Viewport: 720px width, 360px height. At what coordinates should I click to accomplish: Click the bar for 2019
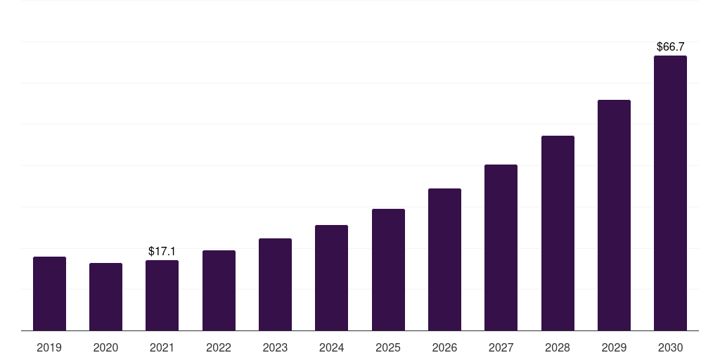click(x=49, y=294)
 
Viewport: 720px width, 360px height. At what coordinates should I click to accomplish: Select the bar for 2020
click(x=105, y=297)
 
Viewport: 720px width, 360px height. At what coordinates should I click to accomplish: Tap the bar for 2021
click(x=162, y=295)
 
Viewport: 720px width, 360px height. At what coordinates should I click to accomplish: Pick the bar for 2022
click(x=219, y=290)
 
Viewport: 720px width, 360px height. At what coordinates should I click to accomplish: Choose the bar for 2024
click(x=331, y=278)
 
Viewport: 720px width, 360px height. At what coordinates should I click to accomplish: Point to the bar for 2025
click(x=388, y=270)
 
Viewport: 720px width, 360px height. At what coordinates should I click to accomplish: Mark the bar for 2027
click(x=501, y=247)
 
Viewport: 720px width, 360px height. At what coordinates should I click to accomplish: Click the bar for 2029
click(x=614, y=215)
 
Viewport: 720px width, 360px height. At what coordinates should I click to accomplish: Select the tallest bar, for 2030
click(x=670, y=193)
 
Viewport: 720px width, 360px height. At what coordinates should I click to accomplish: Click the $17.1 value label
click(x=162, y=251)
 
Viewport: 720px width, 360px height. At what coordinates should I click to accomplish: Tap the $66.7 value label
click(x=670, y=46)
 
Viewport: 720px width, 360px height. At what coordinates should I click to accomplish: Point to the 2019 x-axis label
click(x=49, y=347)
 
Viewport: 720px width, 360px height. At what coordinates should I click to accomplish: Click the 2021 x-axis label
click(x=162, y=347)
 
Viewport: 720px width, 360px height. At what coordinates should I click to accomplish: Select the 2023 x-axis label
click(x=275, y=347)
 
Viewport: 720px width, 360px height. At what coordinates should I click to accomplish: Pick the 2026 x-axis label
click(x=444, y=347)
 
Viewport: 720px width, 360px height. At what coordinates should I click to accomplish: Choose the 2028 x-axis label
click(x=558, y=347)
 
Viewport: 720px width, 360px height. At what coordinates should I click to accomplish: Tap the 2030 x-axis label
click(x=670, y=347)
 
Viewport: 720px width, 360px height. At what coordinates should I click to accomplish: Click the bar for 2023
click(x=275, y=285)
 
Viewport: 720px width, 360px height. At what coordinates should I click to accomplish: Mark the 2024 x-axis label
click(x=331, y=347)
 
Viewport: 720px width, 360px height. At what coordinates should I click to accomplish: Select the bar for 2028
click(x=558, y=233)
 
